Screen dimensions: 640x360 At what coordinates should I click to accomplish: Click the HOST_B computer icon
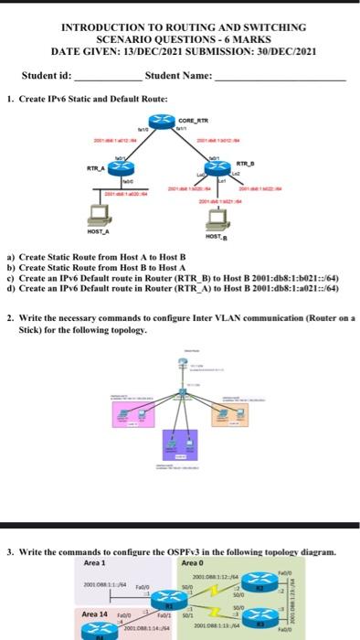[x=216, y=219]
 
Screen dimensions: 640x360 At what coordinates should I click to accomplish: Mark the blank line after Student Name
[x=279, y=79]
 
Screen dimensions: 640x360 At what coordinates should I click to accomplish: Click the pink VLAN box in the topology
[x=132, y=415]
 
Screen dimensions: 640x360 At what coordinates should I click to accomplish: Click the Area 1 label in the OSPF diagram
[x=93, y=562]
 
